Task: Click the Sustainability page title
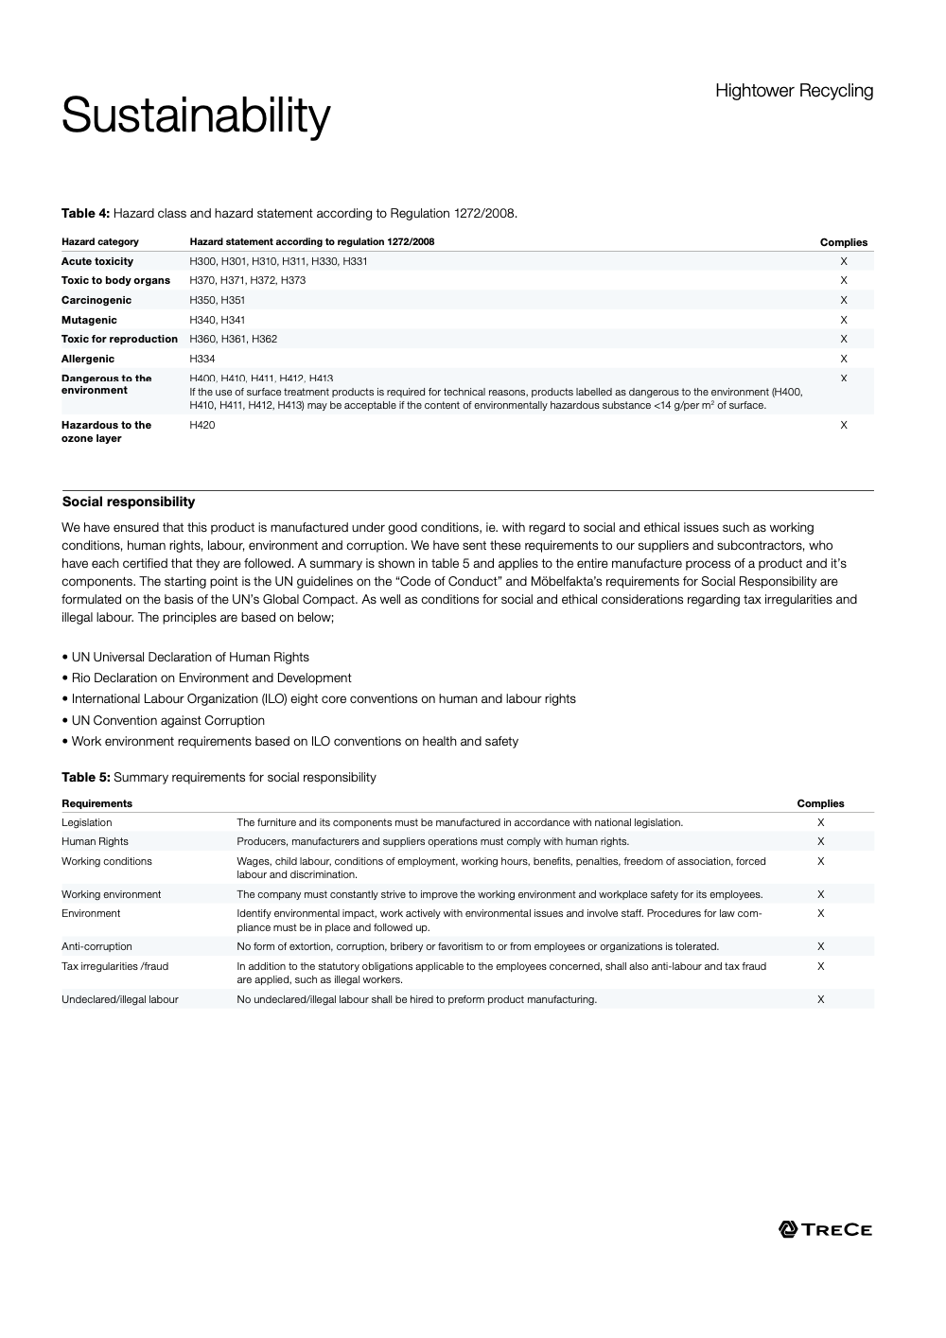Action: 196,116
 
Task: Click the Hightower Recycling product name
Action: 794,91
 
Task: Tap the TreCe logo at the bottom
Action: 825,1229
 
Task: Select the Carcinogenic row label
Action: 96,300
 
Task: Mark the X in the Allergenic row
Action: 844,359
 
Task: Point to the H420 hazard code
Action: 202,425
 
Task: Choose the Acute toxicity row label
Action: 97,261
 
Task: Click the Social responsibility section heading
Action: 129,502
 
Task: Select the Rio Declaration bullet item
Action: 211,678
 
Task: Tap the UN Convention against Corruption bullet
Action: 167,720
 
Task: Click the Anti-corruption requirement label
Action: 96,946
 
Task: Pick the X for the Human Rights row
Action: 821,841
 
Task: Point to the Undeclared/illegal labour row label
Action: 120,999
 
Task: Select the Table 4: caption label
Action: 86,213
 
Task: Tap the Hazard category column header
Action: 100,241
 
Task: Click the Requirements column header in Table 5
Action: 96,803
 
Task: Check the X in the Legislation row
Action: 821,822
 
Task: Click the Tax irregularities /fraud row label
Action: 114,966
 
